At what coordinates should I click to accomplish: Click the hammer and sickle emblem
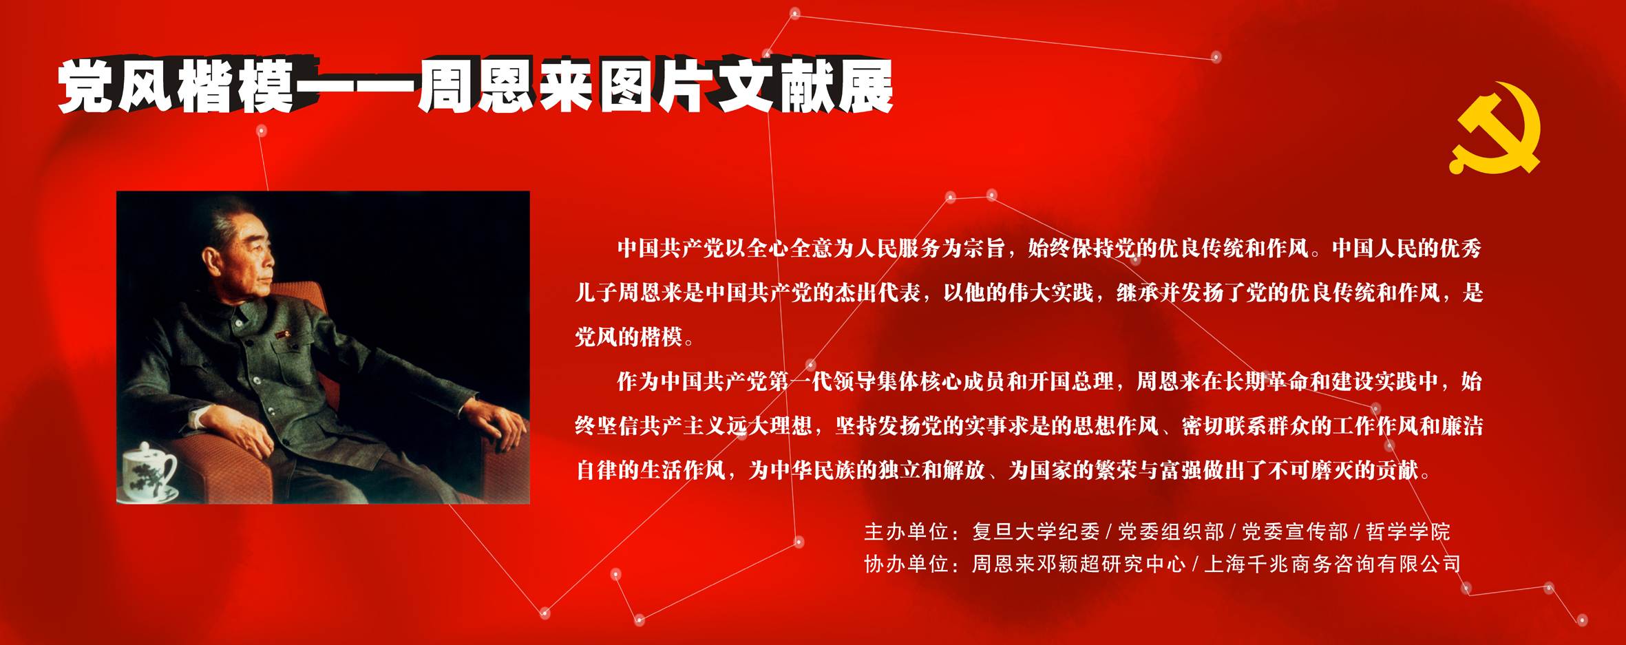click(x=1495, y=129)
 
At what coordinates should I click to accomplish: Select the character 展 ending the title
click(x=865, y=85)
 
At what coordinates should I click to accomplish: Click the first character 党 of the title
click(x=86, y=85)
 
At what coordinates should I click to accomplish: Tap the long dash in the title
click(x=355, y=87)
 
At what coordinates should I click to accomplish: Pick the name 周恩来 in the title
click(x=507, y=85)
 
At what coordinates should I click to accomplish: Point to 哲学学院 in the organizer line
click(x=1408, y=531)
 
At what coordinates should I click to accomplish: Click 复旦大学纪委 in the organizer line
click(x=1036, y=531)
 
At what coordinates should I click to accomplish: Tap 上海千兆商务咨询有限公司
click(x=1332, y=564)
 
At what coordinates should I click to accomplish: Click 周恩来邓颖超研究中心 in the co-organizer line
click(x=1078, y=564)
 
